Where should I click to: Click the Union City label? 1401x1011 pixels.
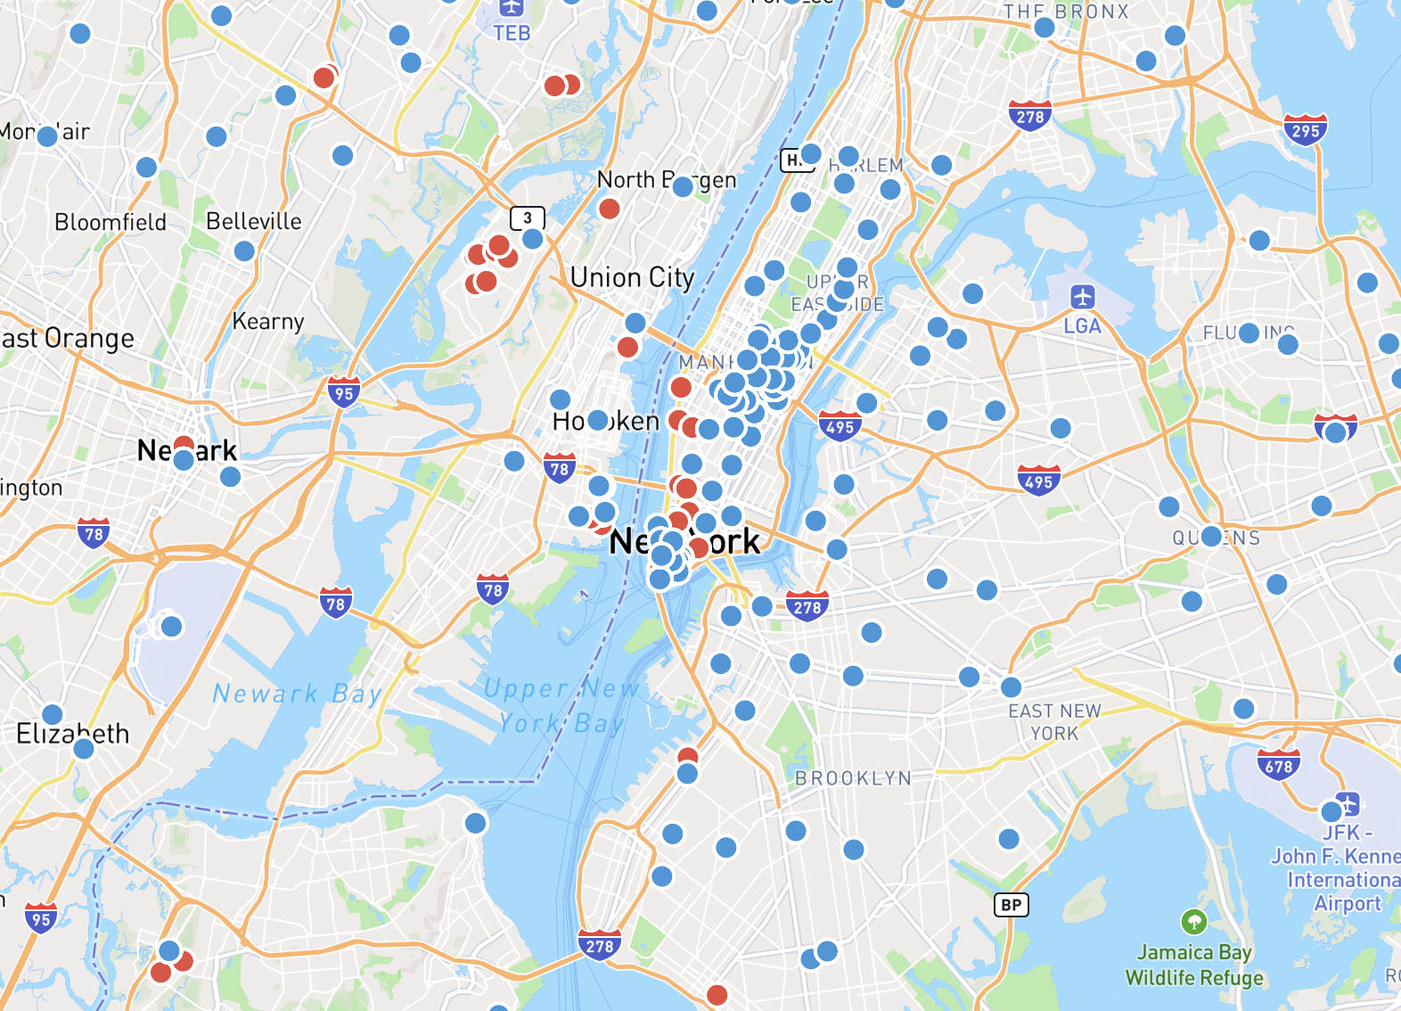pyautogui.click(x=632, y=278)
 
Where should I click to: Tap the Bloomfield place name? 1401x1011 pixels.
pyautogui.click(x=111, y=222)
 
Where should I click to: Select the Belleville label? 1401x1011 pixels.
pyautogui.click(x=254, y=221)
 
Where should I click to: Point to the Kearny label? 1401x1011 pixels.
pyautogui.click(x=268, y=321)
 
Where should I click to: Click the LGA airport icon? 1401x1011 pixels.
pyautogui.click(x=1082, y=297)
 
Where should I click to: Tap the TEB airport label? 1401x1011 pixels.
pyautogui.click(x=512, y=34)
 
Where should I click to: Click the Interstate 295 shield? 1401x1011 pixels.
pyautogui.click(x=1306, y=130)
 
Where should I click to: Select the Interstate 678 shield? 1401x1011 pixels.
pyautogui.click(x=1279, y=765)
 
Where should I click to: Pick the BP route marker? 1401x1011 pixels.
pyautogui.click(x=1011, y=905)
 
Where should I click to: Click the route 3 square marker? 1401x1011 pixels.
pyautogui.click(x=527, y=218)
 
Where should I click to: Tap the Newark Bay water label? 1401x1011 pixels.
pyautogui.click(x=298, y=694)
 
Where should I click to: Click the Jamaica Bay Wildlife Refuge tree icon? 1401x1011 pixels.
pyautogui.click(x=1193, y=922)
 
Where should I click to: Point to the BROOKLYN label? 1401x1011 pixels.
pyautogui.click(x=853, y=778)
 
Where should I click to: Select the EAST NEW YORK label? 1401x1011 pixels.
pyautogui.click(x=1055, y=722)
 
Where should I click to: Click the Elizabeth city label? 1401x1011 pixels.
pyautogui.click(x=73, y=734)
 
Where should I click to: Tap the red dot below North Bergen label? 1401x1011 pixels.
pyautogui.click(x=610, y=210)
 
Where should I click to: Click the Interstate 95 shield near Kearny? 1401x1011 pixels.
pyautogui.click(x=343, y=392)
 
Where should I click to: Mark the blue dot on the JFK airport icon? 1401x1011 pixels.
pyautogui.click(x=1331, y=811)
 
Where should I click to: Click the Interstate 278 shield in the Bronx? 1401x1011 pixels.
pyautogui.click(x=1030, y=116)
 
